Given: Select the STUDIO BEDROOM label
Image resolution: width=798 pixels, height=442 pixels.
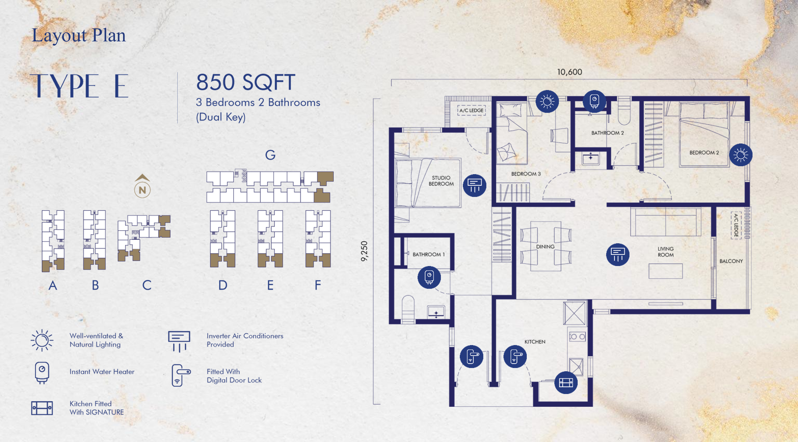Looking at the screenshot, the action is (441, 181).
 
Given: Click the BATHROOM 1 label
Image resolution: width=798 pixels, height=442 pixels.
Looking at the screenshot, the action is (428, 254).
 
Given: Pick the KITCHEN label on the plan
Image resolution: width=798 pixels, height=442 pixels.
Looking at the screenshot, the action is (535, 342).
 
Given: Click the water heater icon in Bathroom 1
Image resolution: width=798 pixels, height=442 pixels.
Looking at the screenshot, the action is (429, 277).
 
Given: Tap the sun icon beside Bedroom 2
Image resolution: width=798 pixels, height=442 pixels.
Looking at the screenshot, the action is (740, 154).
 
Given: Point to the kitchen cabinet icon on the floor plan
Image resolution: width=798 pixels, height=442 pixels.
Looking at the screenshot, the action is (566, 382).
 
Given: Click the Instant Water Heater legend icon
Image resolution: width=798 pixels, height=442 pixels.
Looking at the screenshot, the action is (42, 373).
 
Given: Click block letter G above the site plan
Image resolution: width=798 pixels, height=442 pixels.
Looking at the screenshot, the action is (270, 154).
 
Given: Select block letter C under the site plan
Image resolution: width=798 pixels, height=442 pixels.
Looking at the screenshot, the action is (147, 285).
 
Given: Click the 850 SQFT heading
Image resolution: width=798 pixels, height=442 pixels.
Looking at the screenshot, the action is (246, 82).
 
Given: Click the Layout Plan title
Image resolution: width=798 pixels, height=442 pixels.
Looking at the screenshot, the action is (79, 35).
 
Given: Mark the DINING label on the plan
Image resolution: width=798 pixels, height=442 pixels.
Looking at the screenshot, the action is (545, 247).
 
